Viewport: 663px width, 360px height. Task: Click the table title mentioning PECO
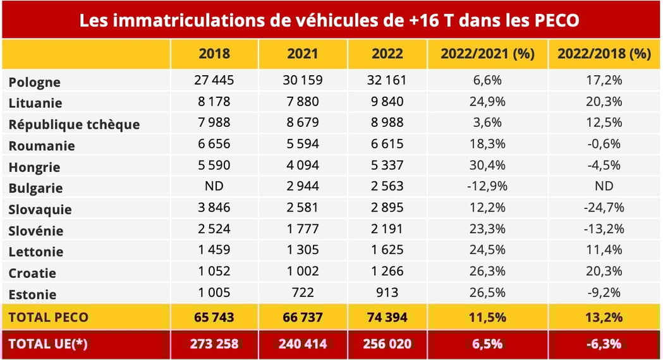coord(329,20)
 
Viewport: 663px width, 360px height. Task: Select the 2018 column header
coord(214,54)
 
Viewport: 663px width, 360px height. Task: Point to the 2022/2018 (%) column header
coord(604,54)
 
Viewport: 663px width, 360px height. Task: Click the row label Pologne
coord(35,82)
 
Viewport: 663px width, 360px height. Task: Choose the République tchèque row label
coord(74,124)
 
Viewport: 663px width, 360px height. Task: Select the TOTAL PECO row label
coord(49,316)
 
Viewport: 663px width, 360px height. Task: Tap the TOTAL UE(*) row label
coord(47,344)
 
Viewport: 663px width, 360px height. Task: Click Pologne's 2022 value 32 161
coord(387,80)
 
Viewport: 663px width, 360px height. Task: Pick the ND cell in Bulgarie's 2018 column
coord(214,186)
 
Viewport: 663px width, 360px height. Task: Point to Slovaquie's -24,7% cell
coord(604,207)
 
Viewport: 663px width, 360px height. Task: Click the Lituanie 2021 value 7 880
coord(303,102)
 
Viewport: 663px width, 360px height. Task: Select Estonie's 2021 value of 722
coord(303,292)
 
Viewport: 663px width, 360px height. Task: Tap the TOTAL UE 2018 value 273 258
coord(214,344)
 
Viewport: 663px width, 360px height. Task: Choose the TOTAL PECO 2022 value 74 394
coord(387,316)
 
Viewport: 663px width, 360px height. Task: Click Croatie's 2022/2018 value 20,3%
coord(604,271)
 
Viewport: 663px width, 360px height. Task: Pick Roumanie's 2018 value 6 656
coord(214,144)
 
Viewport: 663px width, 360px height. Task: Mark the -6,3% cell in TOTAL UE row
coord(604,344)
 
